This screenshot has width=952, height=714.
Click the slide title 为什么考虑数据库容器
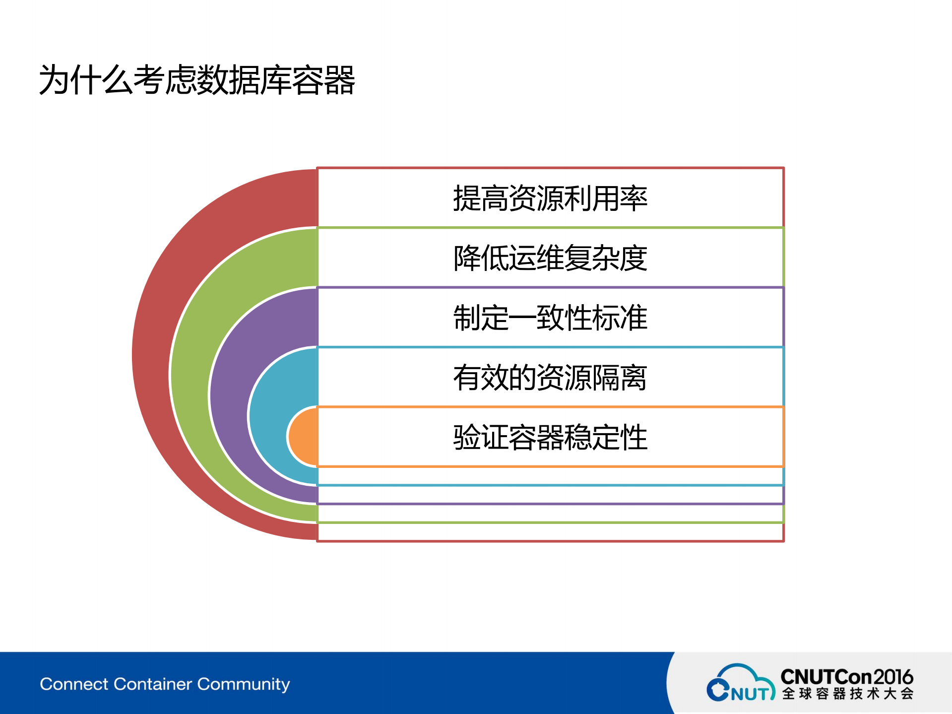pyautogui.click(x=197, y=80)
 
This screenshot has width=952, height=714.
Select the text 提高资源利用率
pyautogui.click(x=550, y=198)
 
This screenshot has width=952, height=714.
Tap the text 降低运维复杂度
pyautogui.click(x=550, y=258)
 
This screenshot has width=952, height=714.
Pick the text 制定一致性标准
pyautogui.click(x=550, y=318)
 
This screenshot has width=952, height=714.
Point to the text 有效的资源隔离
pyautogui.click(x=550, y=378)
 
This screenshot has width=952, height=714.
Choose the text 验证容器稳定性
pyautogui.click(x=550, y=437)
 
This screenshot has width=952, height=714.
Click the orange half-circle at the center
pyautogui.click(x=304, y=437)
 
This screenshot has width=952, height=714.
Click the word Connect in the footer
pyautogui.click(x=74, y=684)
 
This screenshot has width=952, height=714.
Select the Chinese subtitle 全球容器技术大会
pyautogui.click(x=847, y=694)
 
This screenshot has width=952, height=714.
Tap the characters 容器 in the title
pyautogui.click(x=323, y=80)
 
